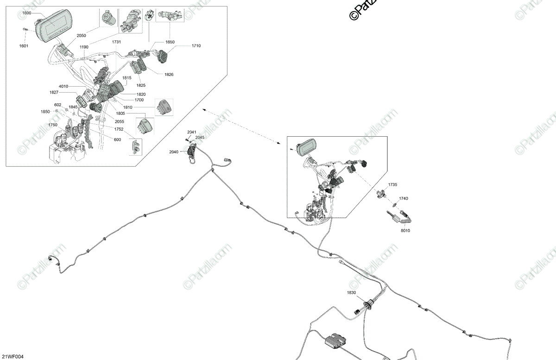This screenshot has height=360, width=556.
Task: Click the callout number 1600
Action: (26, 13)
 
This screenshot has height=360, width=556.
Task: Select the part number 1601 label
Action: (24, 45)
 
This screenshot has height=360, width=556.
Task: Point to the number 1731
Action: (116, 42)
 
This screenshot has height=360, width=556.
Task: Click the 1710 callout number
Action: (196, 46)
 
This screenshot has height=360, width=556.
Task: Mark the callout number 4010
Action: (63, 87)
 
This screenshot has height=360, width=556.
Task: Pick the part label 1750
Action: (53, 125)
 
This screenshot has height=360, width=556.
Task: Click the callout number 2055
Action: (120, 121)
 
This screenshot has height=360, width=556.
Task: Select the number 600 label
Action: (117, 139)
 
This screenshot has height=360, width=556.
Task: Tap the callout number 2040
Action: (174, 152)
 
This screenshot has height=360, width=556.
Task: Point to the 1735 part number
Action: (392, 184)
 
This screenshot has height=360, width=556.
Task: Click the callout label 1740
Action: (404, 198)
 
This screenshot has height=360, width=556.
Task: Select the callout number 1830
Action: (352, 292)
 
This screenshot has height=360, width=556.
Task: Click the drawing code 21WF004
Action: (12, 356)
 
